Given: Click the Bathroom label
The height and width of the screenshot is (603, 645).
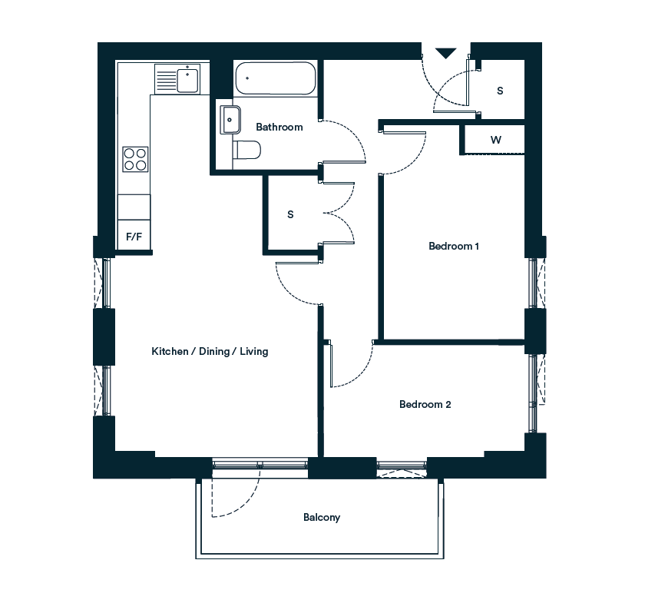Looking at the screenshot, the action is coord(279,127).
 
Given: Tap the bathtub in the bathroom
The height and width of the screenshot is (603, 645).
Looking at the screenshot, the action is coord(276,78).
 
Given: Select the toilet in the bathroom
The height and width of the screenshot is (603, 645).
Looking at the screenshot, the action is coord(246,150).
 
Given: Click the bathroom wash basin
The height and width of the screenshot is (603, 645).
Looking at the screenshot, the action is coord(230,120).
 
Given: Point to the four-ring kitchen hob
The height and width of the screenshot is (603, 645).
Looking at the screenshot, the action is coord(135,159).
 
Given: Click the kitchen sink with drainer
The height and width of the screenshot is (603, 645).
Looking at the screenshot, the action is coord(177,79).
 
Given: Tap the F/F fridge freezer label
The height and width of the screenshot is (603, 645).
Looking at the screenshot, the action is coord(134,237).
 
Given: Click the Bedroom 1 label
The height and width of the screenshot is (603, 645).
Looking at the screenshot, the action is coord(454,246).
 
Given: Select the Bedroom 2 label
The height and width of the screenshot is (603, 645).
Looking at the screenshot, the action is coord(425,404).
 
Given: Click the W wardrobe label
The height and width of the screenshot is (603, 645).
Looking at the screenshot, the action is coord(496,140).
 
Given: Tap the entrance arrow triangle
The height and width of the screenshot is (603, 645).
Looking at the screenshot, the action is coord(446,53).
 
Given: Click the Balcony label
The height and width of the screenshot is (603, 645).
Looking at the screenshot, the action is coord(322,518).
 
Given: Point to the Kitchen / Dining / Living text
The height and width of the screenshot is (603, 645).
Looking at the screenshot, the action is coord(210,352).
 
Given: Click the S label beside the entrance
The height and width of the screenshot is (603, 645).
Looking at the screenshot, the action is coord(500,91).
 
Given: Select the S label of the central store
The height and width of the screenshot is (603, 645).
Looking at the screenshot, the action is coord(290,214).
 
